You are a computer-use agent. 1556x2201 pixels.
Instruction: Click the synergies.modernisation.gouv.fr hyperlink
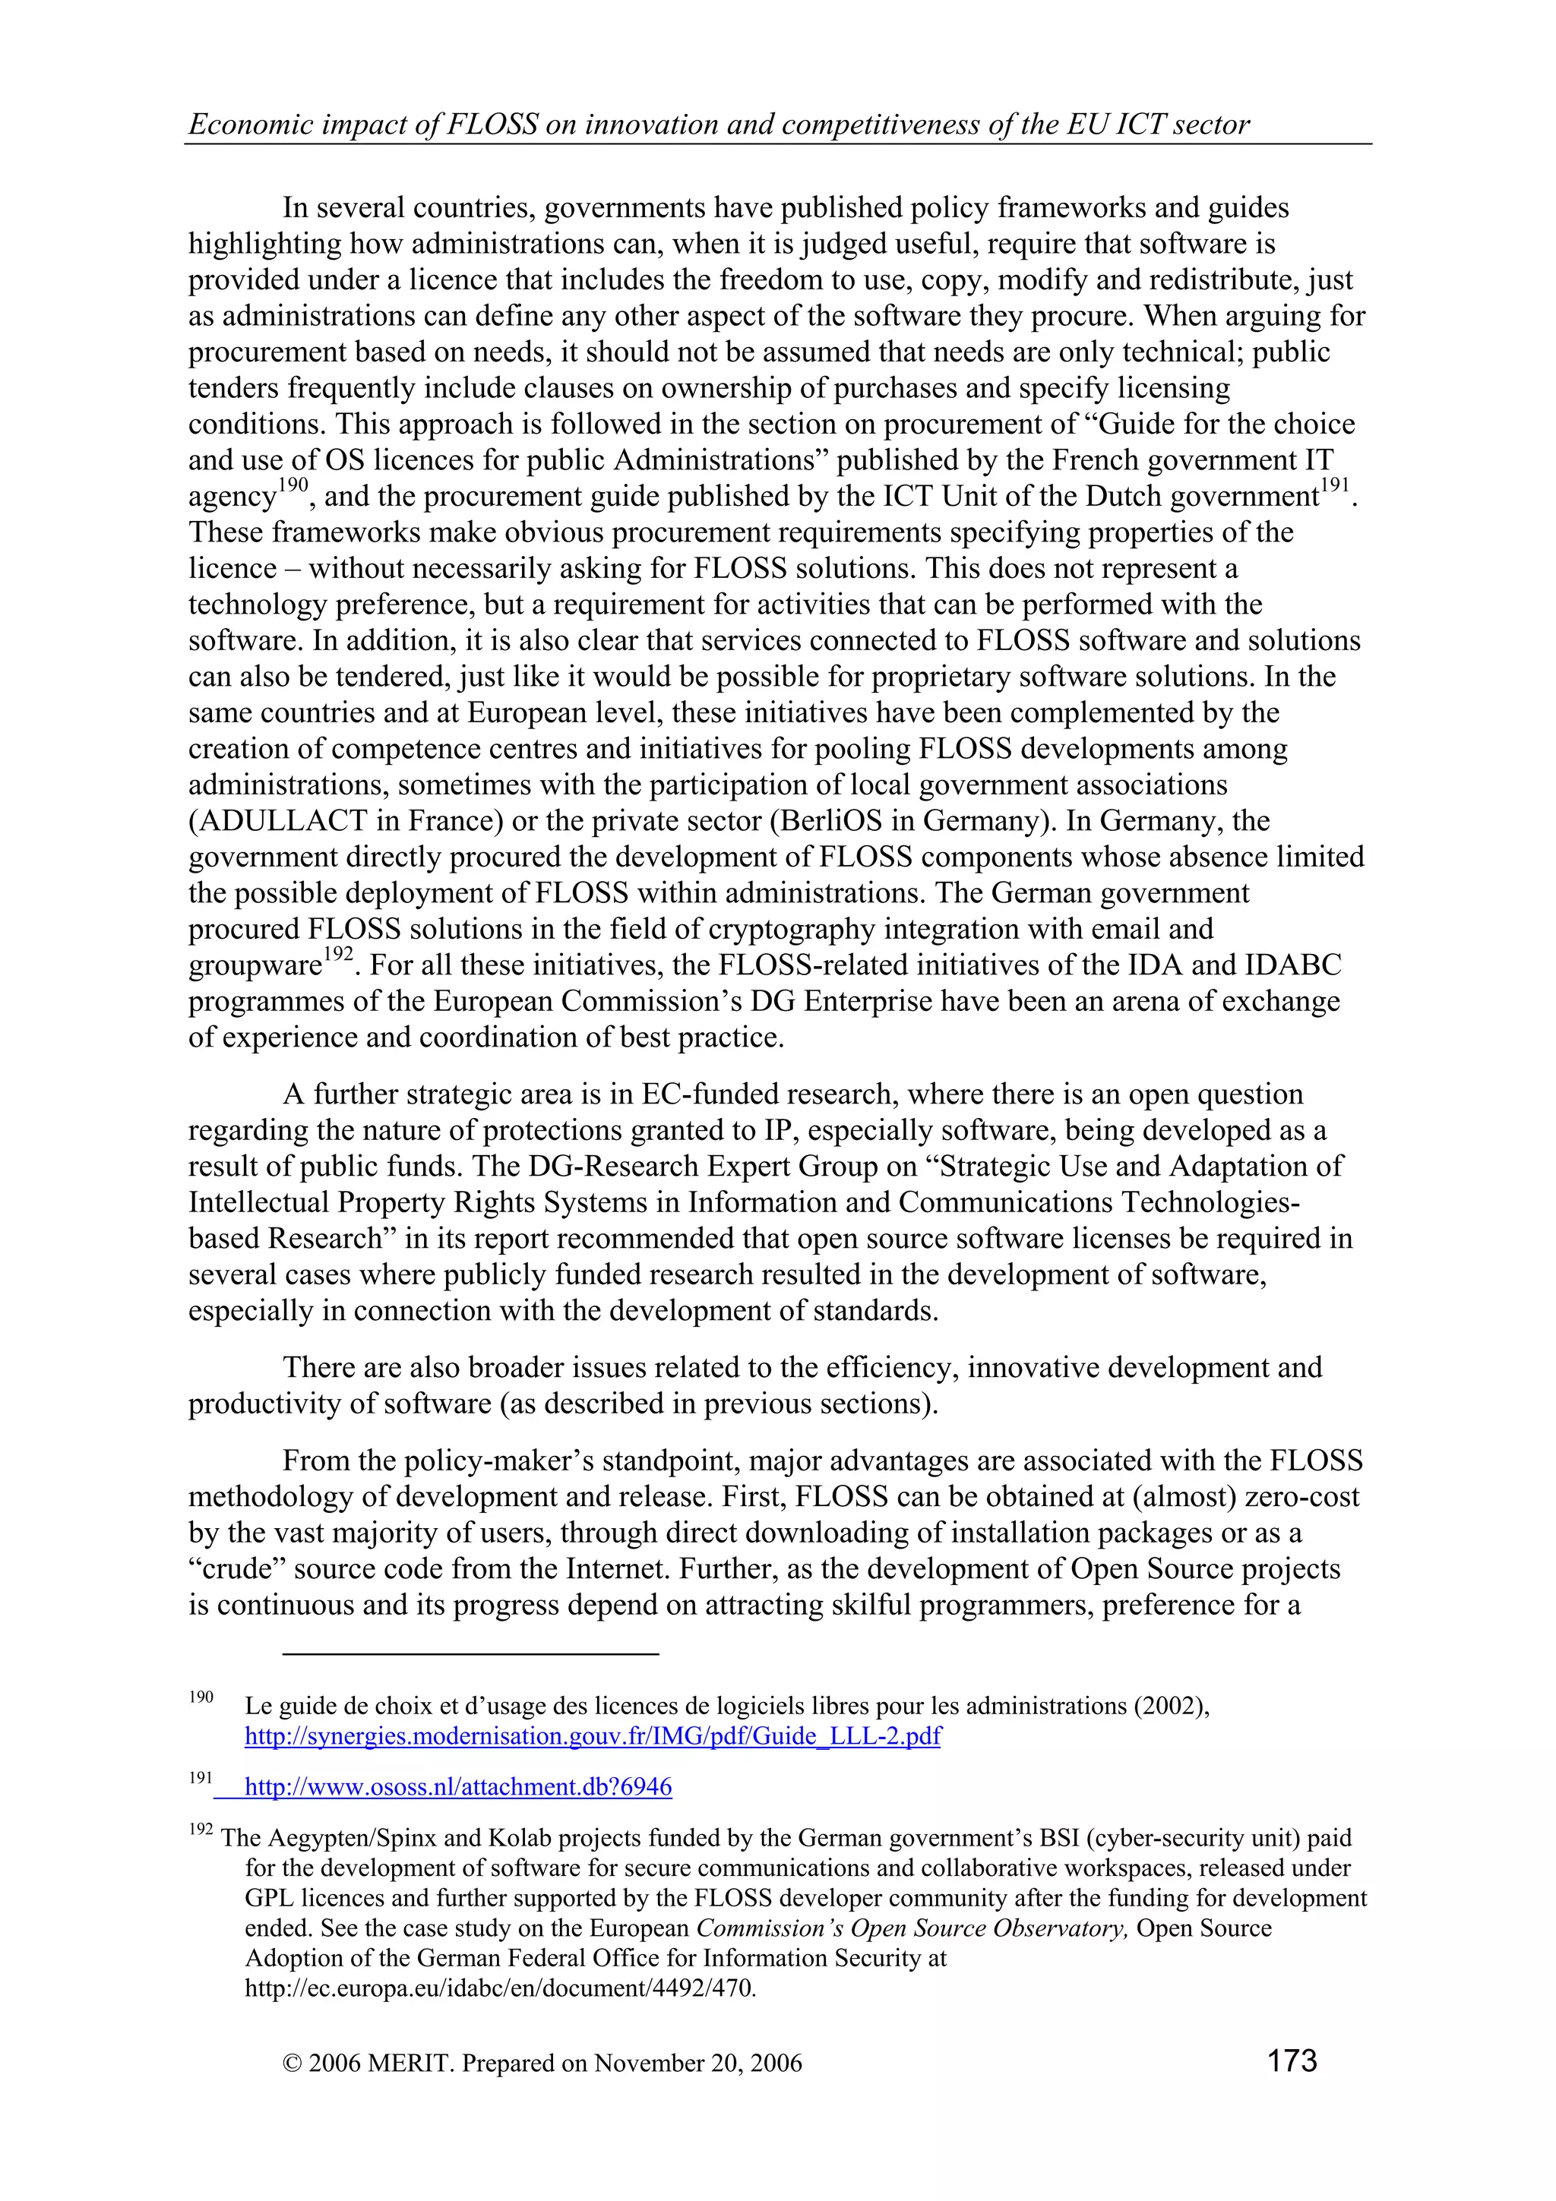[593, 1736]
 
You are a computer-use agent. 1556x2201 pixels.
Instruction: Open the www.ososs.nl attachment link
[458, 1787]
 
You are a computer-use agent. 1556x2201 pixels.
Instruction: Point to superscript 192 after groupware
[337, 954]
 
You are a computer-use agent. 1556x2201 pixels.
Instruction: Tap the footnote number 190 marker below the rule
[201, 1697]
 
